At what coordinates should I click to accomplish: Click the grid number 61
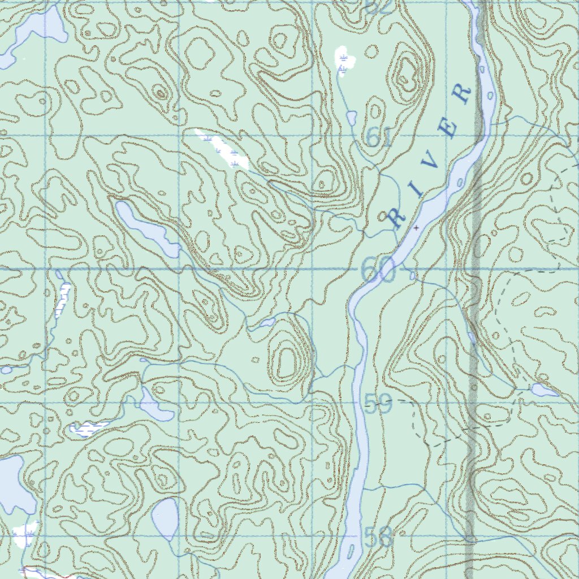[x=378, y=137]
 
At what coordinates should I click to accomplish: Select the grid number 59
[x=378, y=404]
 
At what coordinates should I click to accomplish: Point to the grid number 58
[x=378, y=538]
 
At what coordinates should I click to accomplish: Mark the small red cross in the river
[x=417, y=227]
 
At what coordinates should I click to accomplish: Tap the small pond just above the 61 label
[x=351, y=117]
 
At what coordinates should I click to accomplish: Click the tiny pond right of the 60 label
[x=412, y=275]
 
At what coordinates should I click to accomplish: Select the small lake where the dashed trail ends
[x=544, y=390]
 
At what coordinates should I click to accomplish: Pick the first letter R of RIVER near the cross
[x=398, y=218]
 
